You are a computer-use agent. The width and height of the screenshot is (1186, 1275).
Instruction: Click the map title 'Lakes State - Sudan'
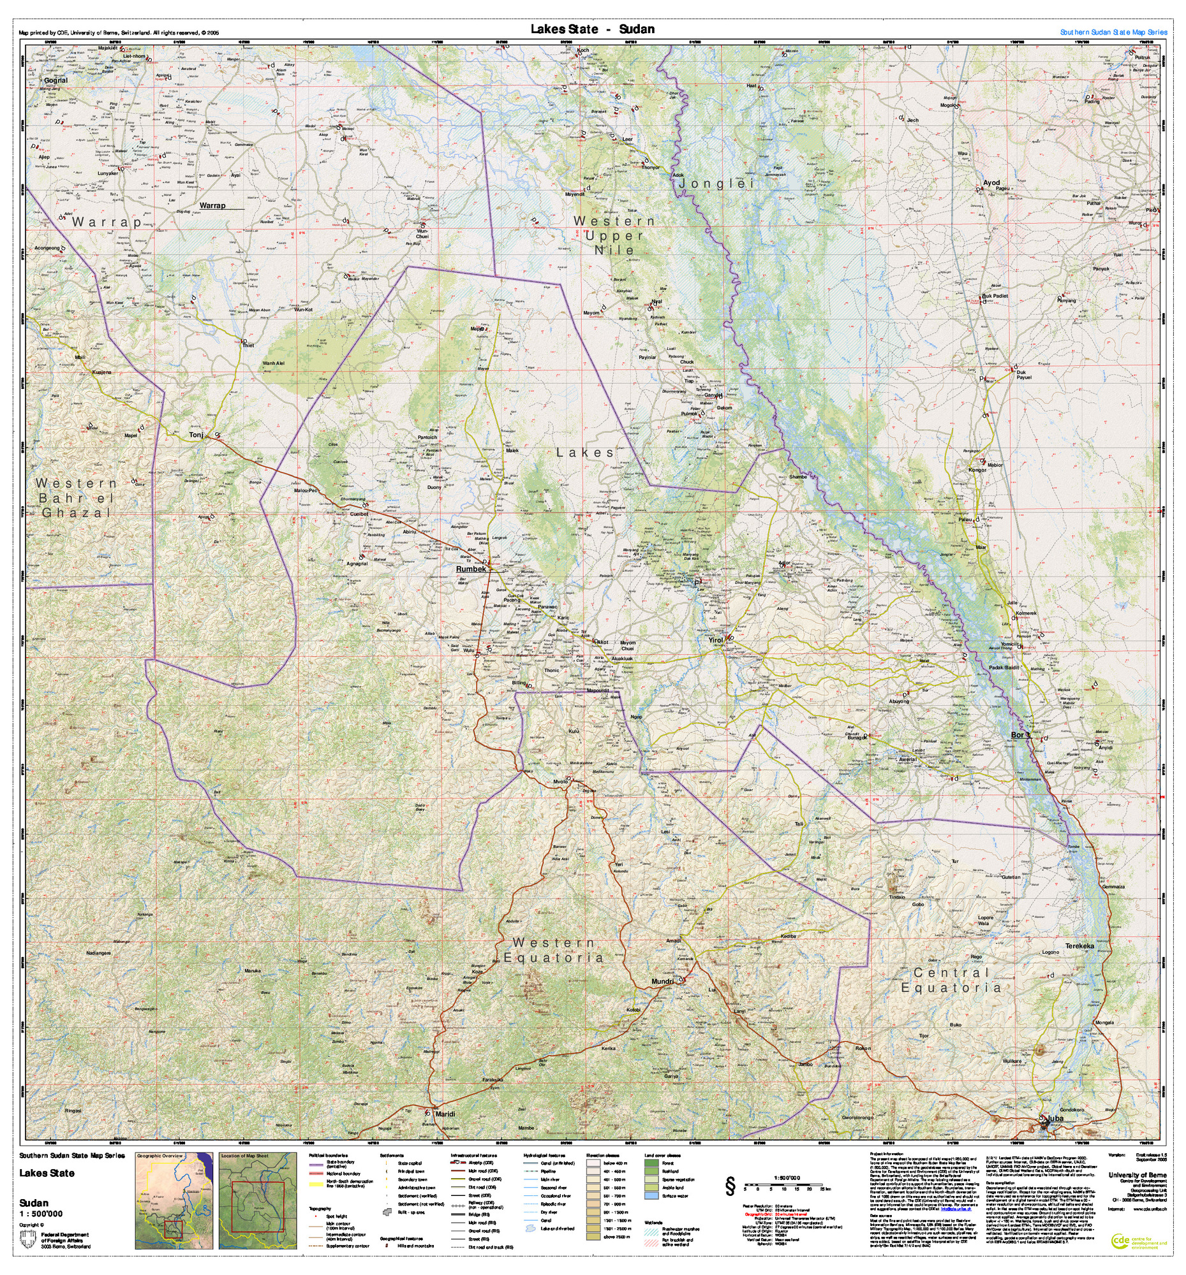(591, 29)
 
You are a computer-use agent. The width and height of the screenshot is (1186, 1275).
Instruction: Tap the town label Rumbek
(471, 569)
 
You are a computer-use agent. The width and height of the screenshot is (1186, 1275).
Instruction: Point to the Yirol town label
(716, 640)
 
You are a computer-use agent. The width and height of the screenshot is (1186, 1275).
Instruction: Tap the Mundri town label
(663, 981)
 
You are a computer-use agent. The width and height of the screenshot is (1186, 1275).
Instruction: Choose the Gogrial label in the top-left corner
(56, 81)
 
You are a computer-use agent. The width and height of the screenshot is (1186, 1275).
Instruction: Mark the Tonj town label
(196, 435)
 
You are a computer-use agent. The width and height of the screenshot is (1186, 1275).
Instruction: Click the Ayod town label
(991, 183)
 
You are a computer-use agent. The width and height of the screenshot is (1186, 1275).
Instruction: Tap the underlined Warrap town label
(212, 206)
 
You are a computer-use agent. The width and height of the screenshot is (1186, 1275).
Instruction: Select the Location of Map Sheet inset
(257, 1204)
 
